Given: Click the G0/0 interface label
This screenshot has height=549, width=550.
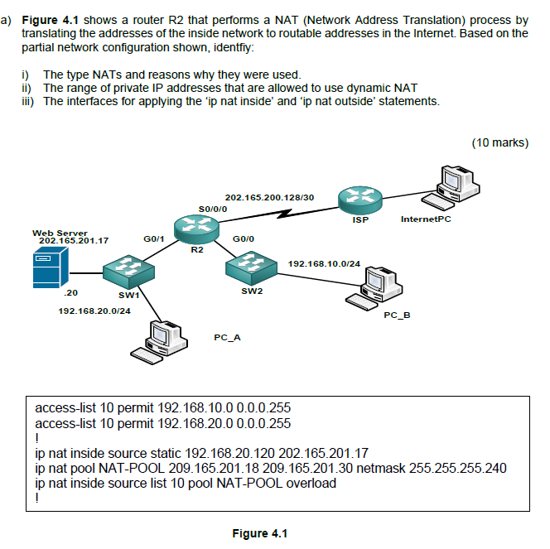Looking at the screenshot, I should coord(244,238).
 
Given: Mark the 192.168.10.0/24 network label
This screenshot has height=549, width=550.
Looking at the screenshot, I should coord(324,263).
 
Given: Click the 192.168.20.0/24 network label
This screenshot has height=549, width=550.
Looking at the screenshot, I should coord(94,311).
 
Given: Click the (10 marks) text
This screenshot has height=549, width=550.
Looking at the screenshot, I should coord(499,142).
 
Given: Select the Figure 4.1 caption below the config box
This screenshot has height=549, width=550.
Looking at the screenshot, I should coord(259,532).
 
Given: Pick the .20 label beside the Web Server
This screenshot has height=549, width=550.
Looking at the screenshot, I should coord(70,293).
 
